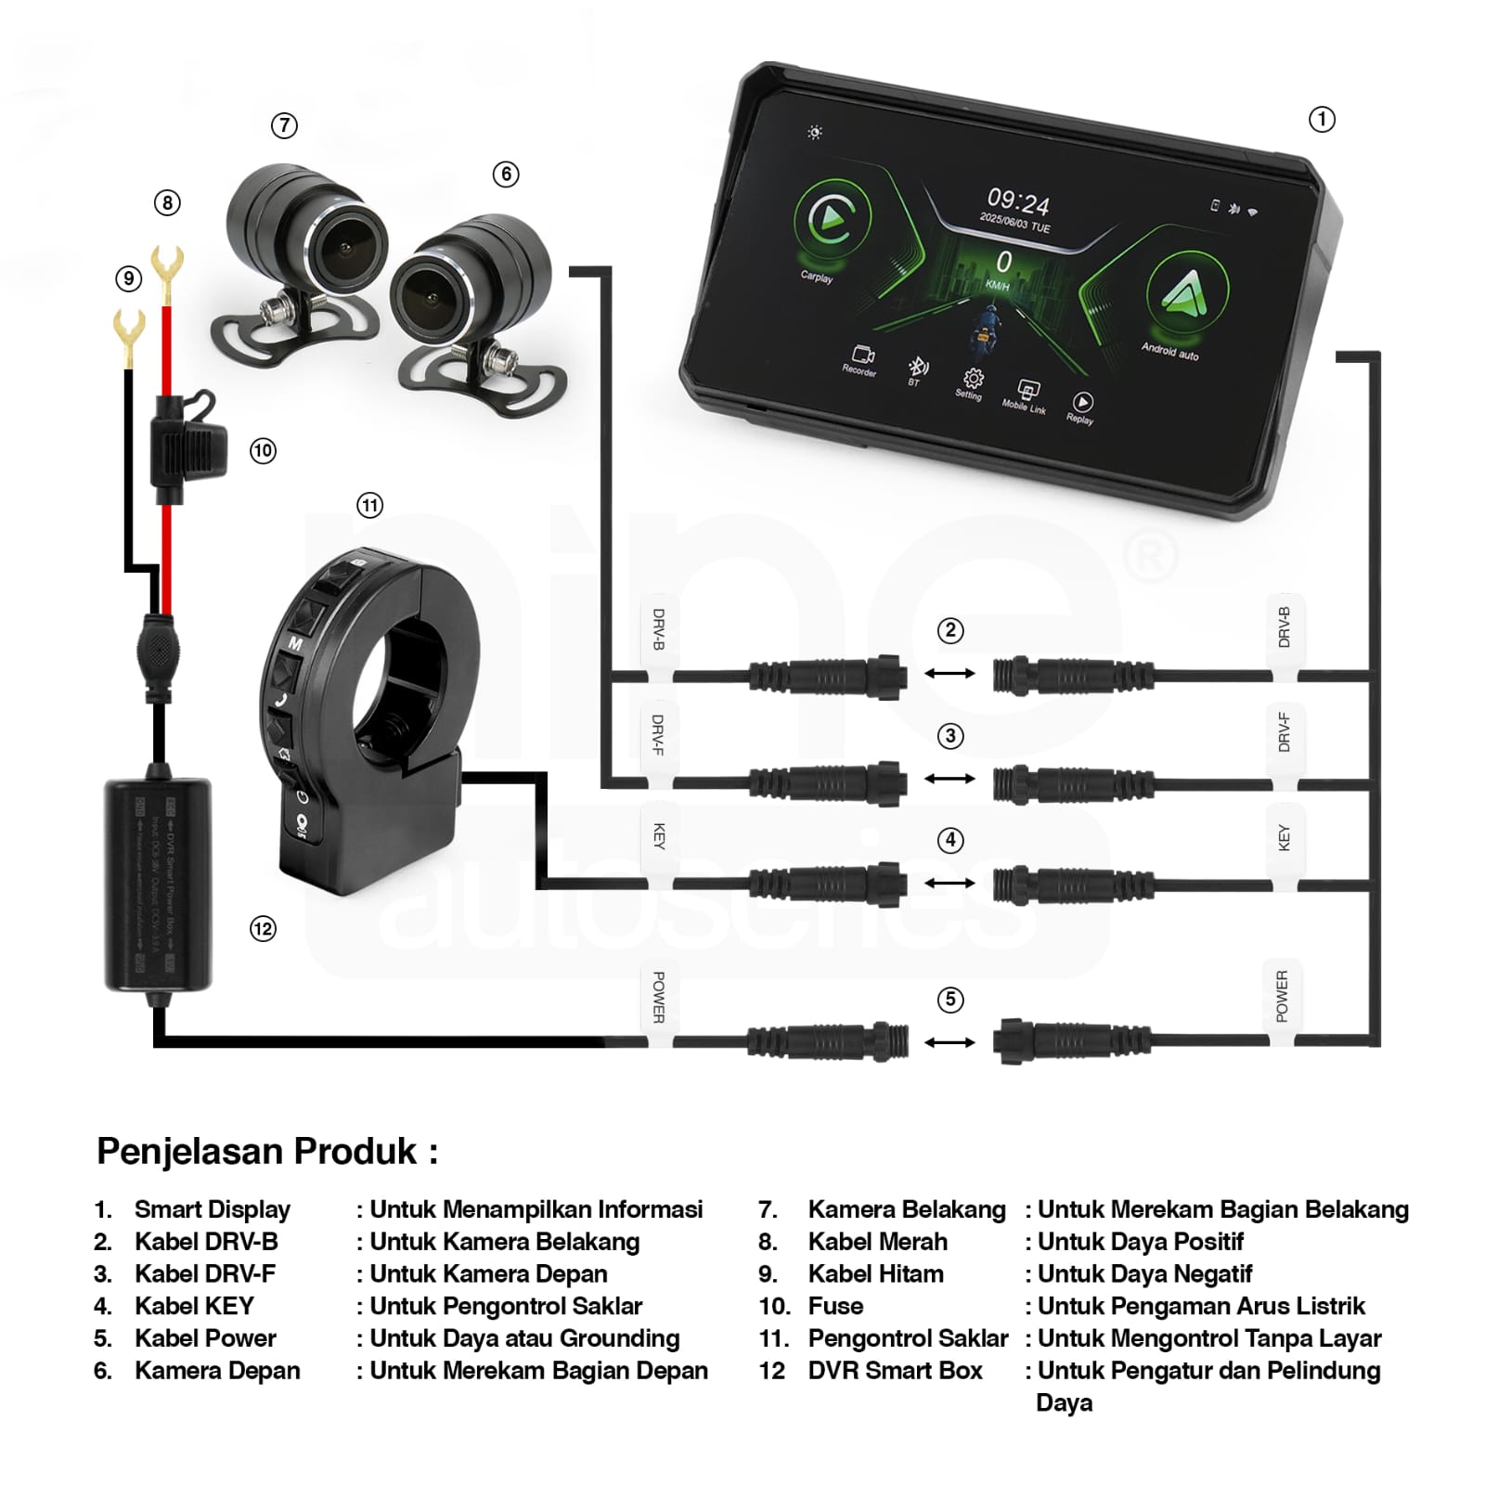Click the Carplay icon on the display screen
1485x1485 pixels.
click(x=832, y=220)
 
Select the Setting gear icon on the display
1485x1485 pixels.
click(x=973, y=379)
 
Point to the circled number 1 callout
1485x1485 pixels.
click(x=1322, y=120)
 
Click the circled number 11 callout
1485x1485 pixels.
click(x=369, y=505)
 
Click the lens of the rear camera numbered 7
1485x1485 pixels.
click(x=342, y=247)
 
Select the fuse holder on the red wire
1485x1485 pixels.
click(x=186, y=448)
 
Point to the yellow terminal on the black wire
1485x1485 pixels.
click(x=128, y=329)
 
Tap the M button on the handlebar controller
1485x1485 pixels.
click(x=295, y=642)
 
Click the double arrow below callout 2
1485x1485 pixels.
click(x=949, y=674)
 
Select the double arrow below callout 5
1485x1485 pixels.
click(x=949, y=1042)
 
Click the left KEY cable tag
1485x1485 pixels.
click(x=659, y=837)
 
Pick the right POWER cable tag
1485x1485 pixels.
click(x=1282, y=997)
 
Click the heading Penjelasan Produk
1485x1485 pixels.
click(x=267, y=1151)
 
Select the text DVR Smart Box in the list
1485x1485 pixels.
click(x=895, y=1371)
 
